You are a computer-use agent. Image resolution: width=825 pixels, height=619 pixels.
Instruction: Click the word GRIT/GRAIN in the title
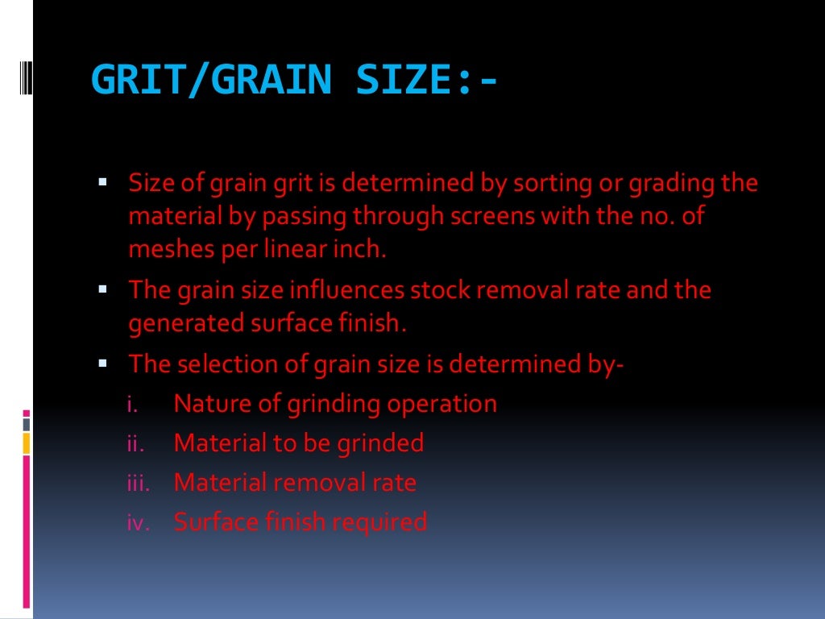click(211, 80)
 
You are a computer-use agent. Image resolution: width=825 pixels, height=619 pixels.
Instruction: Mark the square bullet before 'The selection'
click(104, 363)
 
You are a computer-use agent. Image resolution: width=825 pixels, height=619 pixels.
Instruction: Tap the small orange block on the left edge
click(27, 442)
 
